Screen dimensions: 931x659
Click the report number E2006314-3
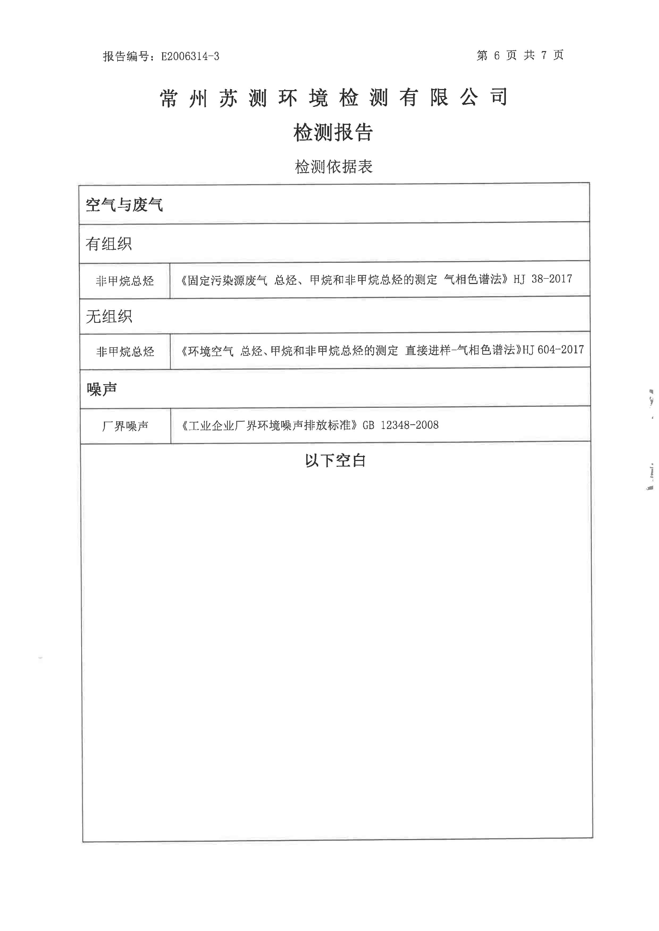tap(190, 56)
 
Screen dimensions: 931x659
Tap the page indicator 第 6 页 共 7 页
tap(520, 55)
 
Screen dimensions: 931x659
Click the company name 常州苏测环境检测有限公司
tap(334, 98)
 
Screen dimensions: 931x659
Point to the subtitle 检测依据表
tap(334, 167)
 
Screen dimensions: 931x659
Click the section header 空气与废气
tap(124, 205)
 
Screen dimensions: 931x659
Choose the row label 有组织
tap(109, 244)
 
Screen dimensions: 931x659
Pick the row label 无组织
tap(109, 316)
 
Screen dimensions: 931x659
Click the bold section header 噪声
tap(102, 389)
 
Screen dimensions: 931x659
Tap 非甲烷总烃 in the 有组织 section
tap(125, 281)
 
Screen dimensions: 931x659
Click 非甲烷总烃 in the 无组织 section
tap(125, 352)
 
